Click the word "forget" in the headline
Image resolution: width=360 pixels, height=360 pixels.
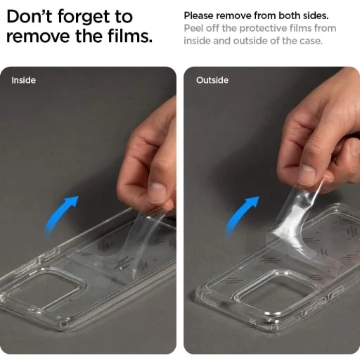tap(84, 18)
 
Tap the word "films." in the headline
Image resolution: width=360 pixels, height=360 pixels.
tap(130, 36)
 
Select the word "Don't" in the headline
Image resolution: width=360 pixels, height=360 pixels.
tap(30, 16)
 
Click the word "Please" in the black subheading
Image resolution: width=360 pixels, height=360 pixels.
tap(198, 15)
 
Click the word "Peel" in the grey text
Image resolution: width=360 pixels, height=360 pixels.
tap(193, 28)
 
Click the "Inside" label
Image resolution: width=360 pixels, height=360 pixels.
tap(24, 80)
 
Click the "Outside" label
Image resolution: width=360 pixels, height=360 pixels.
tap(212, 80)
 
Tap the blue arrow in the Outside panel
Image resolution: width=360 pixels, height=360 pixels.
tap(240, 215)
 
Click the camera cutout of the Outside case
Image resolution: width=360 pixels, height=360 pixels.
tap(278, 292)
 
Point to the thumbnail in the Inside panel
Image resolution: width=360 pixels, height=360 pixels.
tap(157, 193)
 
